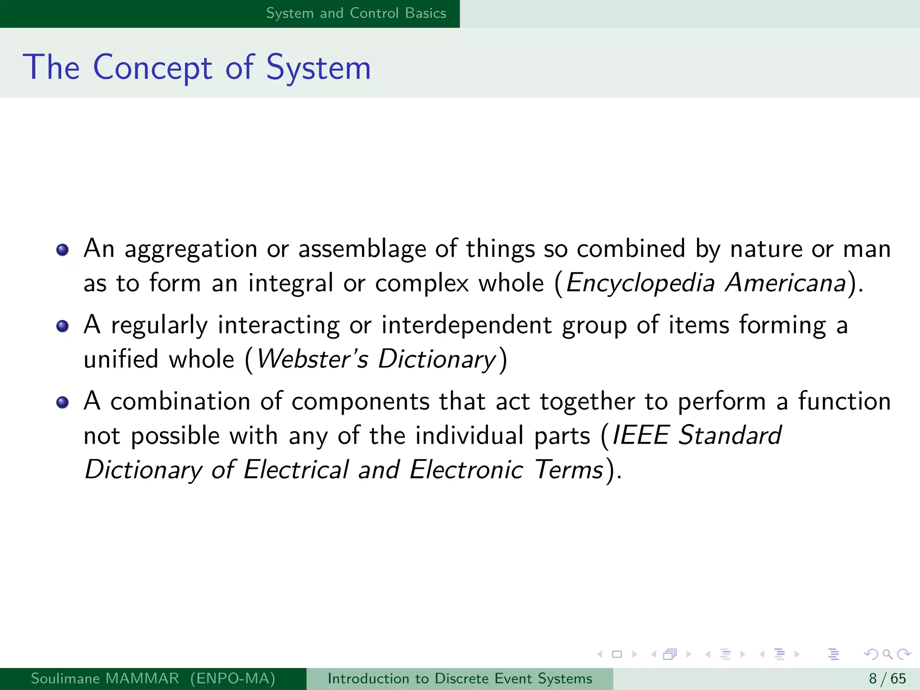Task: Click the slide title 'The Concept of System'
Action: tap(197, 67)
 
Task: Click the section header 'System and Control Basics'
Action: tap(356, 13)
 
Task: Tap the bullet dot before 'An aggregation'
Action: tap(62, 250)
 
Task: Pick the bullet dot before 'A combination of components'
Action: tap(62, 402)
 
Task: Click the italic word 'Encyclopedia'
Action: tap(640, 283)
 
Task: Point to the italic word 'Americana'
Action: tap(786, 283)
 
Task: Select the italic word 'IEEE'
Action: tap(641, 435)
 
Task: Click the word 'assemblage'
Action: tap(362, 249)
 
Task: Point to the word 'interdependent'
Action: tap(466, 325)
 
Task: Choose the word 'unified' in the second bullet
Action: tap(121, 359)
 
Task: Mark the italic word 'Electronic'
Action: tap(466, 470)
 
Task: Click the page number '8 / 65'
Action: tap(887, 678)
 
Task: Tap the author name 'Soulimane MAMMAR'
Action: tap(105, 678)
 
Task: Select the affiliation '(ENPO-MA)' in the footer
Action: tap(233, 678)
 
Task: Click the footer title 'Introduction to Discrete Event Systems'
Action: tap(460, 678)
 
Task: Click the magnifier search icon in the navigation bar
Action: tap(887, 654)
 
